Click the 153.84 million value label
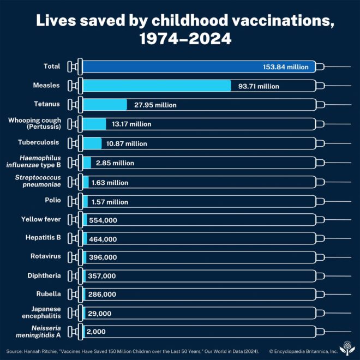tap(285, 67)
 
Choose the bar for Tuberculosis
tap(92, 143)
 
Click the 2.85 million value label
tap(115, 163)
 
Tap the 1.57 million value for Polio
tap(110, 202)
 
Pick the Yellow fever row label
tap(41, 219)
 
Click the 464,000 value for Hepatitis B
tap(103, 239)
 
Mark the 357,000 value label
tap(102, 277)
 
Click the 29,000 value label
tap(100, 314)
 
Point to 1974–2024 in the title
tap(179, 39)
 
